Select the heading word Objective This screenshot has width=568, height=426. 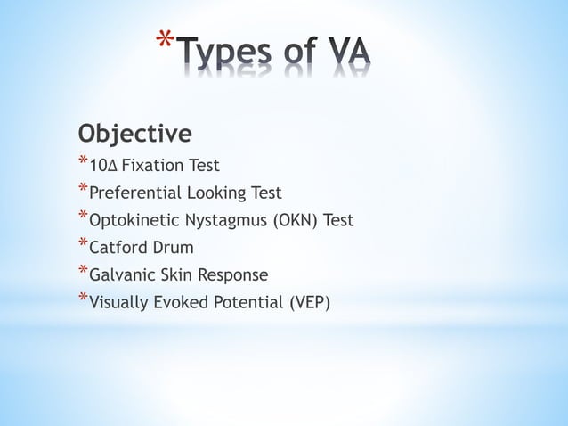pyautogui.click(x=134, y=134)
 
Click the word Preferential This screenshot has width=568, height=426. pyautogui.click(x=136, y=193)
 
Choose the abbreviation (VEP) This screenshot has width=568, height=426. pyautogui.click(x=309, y=303)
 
